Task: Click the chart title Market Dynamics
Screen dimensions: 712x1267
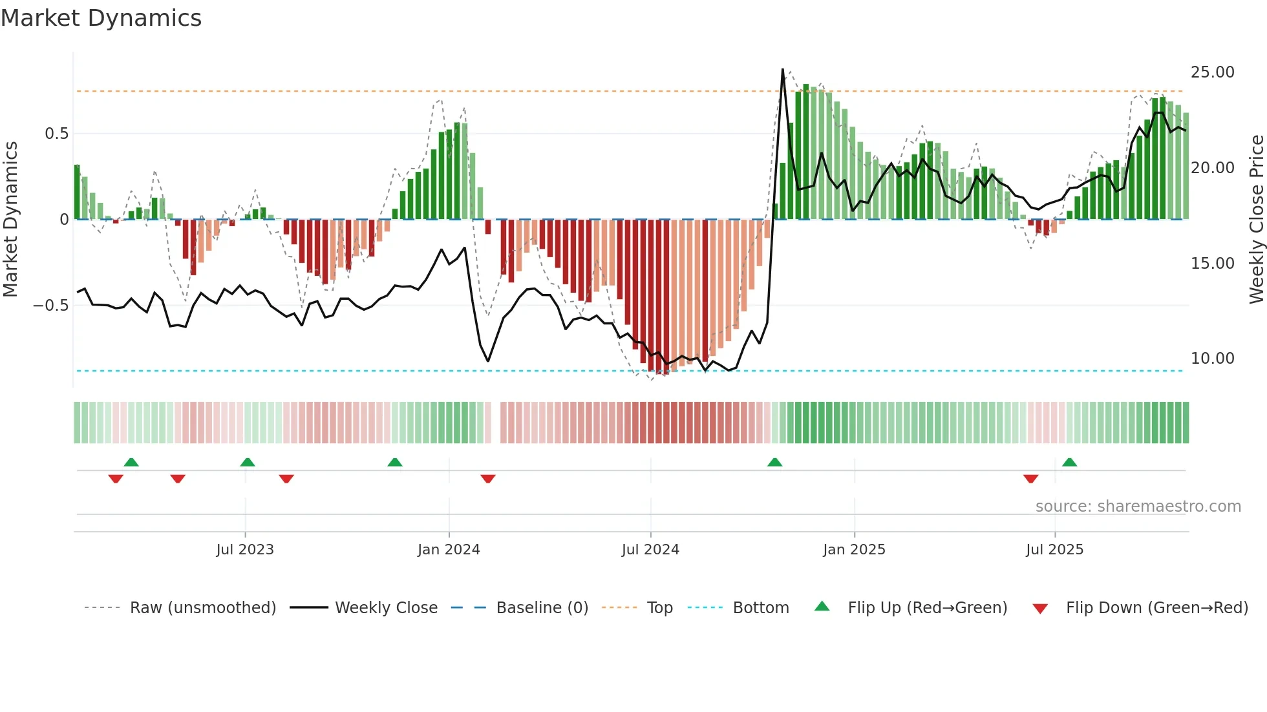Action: pyautogui.click(x=101, y=18)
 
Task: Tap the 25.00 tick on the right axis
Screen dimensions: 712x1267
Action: pyautogui.click(x=1212, y=72)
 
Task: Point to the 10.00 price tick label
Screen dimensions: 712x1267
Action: pyautogui.click(x=1212, y=359)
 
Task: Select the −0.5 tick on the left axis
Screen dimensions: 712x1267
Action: pyautogui.click(x=50, y=306)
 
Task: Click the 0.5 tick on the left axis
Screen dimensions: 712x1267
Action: pyautogui.click(x=56, y=134)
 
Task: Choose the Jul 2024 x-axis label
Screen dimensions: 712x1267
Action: pyautogui.click(x=650, y=550)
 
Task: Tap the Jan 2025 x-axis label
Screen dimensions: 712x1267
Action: pyautogui.click(x=854, y=550)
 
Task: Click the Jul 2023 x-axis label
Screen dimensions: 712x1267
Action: pyautogui.click(x=245, y=550)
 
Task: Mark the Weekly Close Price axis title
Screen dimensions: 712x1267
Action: pyautogui.click(x=1256, y=220)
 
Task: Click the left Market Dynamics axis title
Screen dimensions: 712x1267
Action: pyautogui.click(x=10, y=220)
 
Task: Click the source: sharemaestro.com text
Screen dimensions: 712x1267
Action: pyautogui.click(x=1138, y=507)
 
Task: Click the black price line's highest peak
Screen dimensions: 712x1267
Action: pyautogui.click(x=783, y=69)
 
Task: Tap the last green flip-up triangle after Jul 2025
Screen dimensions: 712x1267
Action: pyautogui.click(x=1070, y=462)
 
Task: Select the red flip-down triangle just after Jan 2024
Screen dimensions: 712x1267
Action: pyautogui.click(x=488, y=479)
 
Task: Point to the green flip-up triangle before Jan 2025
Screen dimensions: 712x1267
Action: pyautogui.click(x=774, y=462)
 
